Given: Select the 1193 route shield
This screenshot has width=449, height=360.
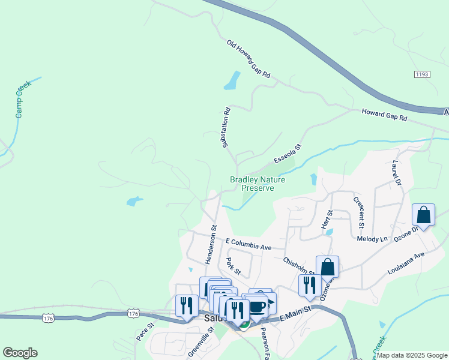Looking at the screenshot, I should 422,74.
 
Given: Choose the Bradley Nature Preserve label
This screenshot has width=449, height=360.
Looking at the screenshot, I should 258,184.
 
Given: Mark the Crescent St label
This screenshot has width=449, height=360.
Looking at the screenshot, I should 359,212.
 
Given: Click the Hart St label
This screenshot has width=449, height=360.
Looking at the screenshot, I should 327,220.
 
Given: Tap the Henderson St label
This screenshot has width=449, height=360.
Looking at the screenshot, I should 210,244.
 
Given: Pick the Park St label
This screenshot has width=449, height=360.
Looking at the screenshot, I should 233,266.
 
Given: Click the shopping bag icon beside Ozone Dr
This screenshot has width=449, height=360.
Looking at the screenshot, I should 423,215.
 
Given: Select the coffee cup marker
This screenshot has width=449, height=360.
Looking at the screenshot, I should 258,307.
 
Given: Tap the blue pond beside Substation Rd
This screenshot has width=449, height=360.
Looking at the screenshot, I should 232,81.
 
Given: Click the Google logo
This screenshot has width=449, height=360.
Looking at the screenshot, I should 20,353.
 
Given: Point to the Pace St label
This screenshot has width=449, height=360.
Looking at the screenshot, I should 145,331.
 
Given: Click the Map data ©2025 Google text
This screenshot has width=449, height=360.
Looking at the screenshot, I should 412,355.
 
